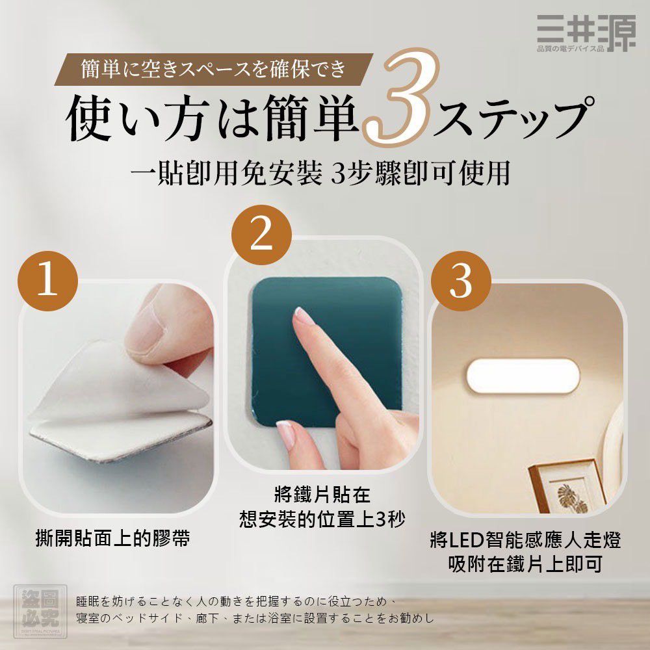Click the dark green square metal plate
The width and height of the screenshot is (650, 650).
pyautogui.click(x=325, y=351)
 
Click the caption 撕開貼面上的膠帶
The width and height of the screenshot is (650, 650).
pyautogui.click(x=112, y=539)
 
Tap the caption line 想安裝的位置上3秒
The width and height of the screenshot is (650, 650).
pyautogui.click(x=322, y=520)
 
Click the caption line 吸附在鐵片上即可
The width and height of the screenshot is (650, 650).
pyautogui.click(x=525, y=564)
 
